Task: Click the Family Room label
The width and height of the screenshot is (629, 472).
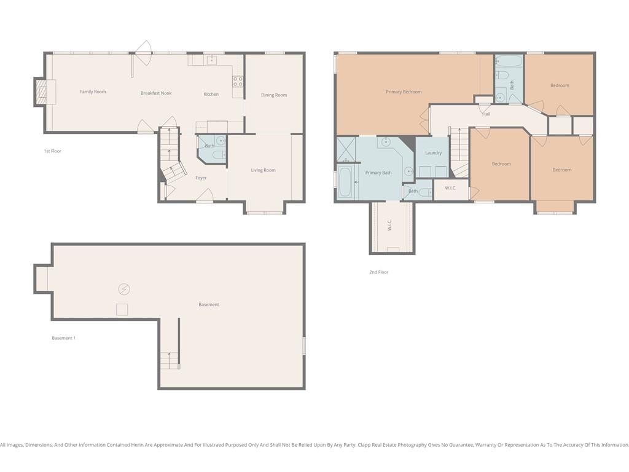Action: coord(93,92)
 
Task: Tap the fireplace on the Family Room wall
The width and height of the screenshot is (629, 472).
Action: coord(42,92)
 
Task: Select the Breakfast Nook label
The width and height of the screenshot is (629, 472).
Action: coord(156,93)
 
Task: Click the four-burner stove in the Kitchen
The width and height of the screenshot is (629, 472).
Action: coord(238,82)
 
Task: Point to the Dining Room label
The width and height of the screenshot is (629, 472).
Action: coord(274,95)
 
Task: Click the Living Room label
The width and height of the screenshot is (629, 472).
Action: coord(263,170)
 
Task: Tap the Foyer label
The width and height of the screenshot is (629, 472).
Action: coord(201,178)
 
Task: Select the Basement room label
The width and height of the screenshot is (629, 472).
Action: coord(209,305)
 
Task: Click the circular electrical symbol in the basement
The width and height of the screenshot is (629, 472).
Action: coord(124,289)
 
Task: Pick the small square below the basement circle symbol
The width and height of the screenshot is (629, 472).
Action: coord(122,310)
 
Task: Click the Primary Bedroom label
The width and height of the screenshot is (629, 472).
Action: coord(404,92)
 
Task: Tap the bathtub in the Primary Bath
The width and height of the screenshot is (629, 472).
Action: coord(345,183)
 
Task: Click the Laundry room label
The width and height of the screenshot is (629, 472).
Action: coord(433,153)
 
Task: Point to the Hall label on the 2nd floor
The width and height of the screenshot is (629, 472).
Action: coord(486,114)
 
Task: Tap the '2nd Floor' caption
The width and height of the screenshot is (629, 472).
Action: coord(378,272)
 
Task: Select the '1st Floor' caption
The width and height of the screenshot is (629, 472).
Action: coord(53,151)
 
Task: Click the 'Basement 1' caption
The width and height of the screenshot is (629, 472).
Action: coord(63,338)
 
